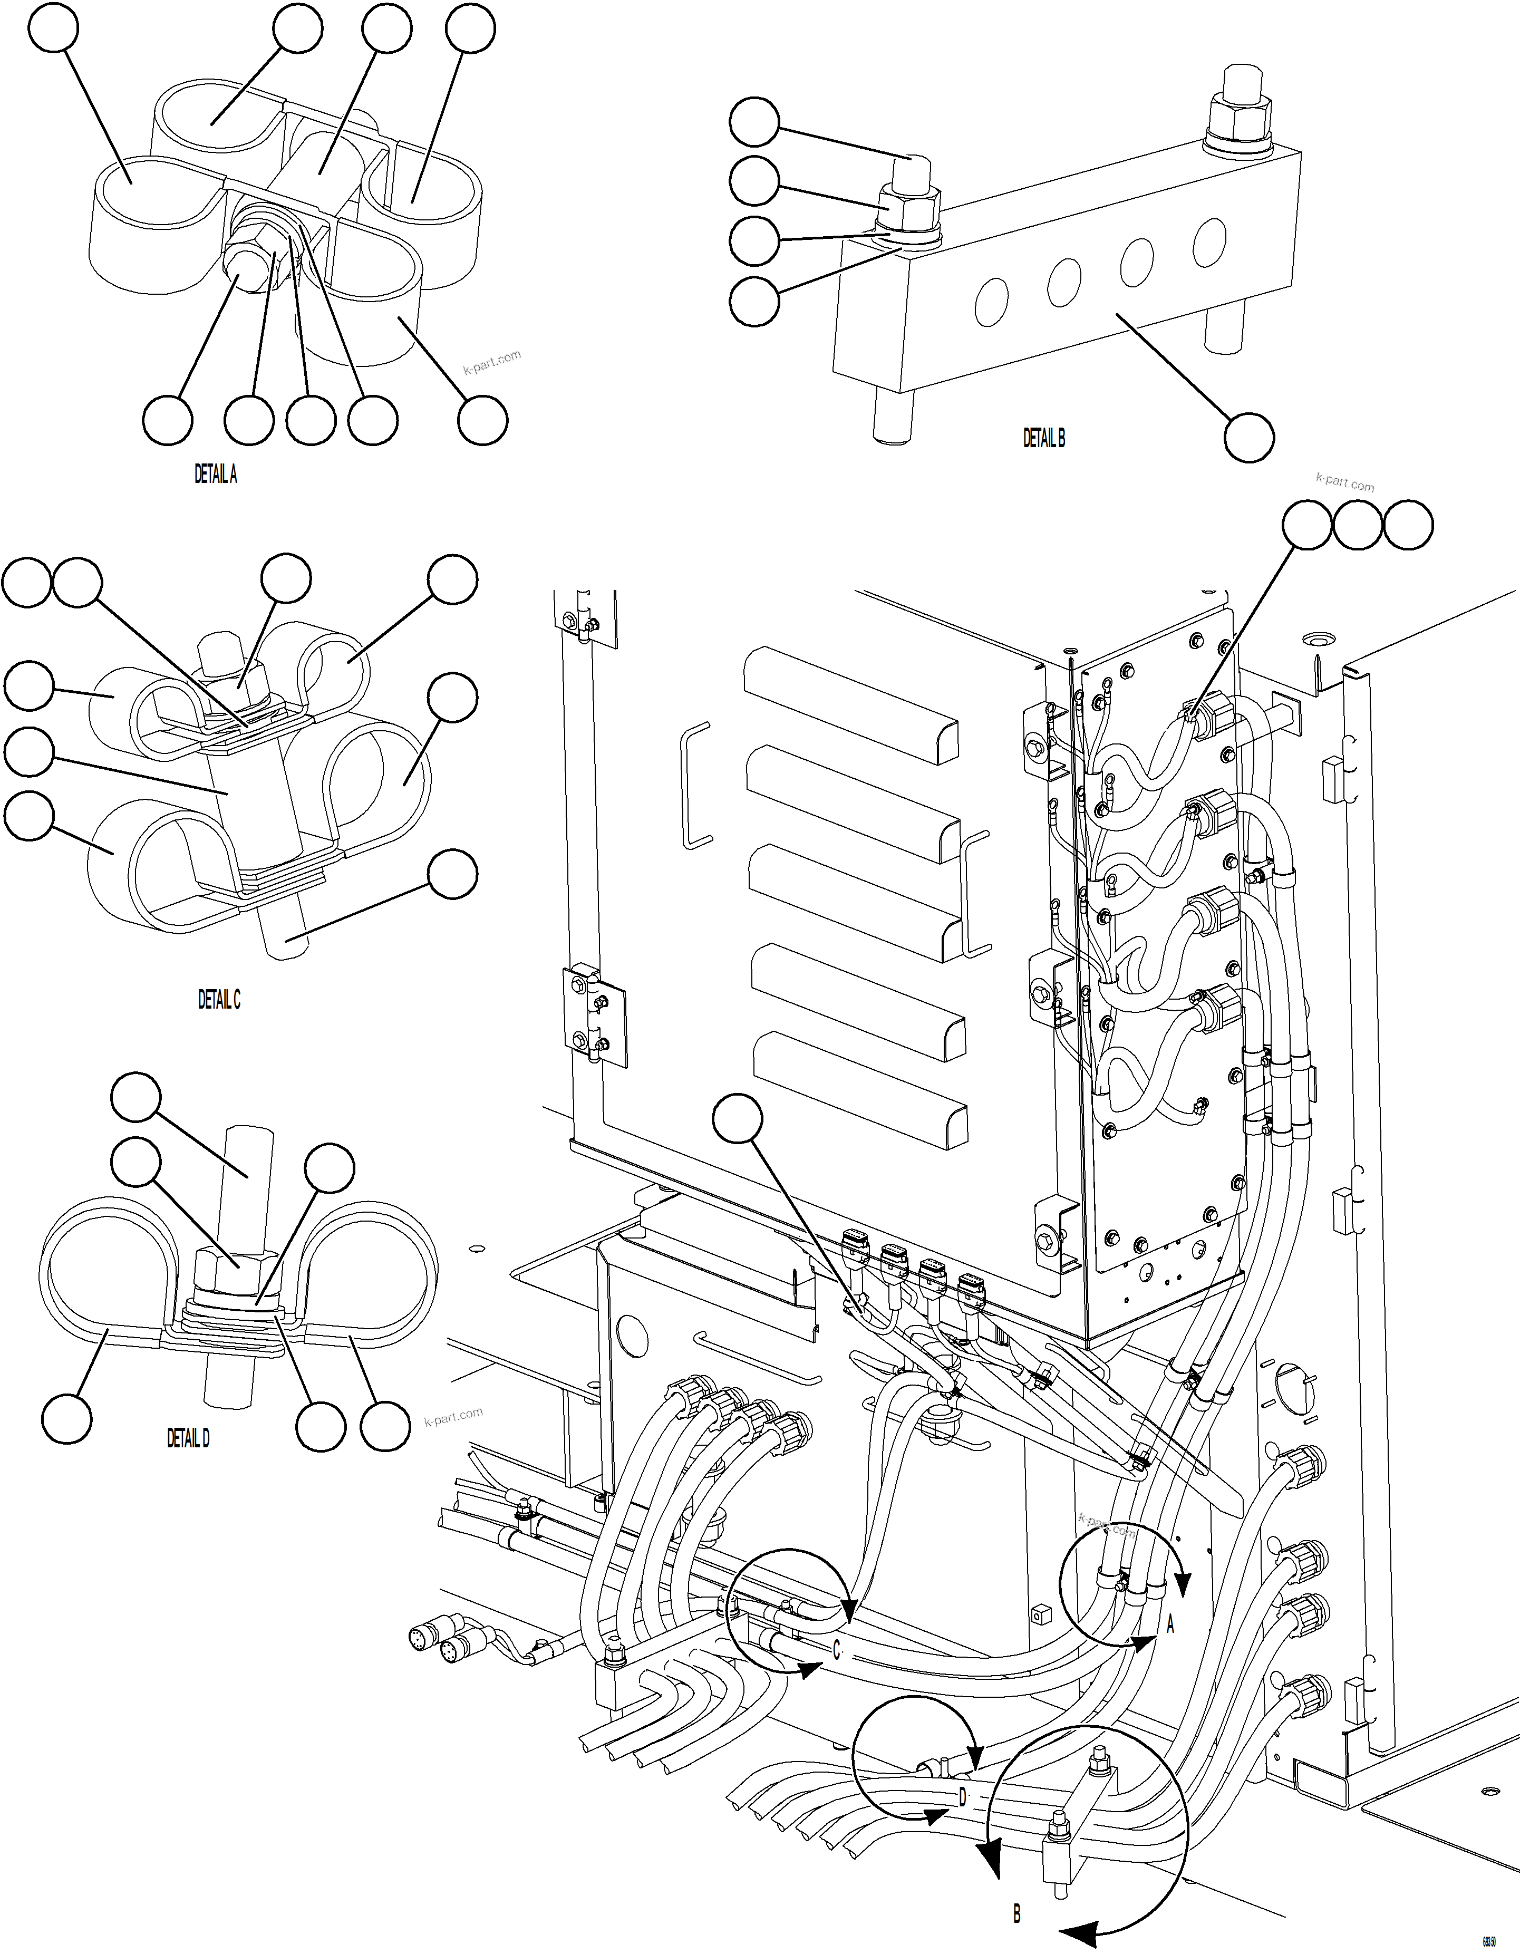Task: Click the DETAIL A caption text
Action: [216, 475]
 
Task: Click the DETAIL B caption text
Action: [1044, 438]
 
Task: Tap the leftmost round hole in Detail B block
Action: [991, 301]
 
